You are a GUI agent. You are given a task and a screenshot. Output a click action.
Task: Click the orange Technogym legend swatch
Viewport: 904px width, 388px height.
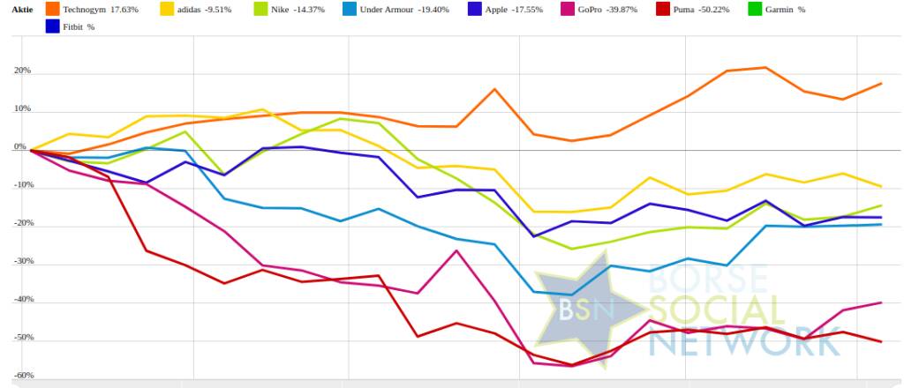coord(52,9)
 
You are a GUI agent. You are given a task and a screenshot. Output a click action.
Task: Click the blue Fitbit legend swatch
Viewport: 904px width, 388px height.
coord(52,26)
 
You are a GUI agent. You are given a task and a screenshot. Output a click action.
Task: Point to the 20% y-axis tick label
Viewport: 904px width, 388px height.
coord(22,71)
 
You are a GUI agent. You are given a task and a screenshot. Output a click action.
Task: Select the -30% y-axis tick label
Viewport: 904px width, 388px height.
coord(22,262)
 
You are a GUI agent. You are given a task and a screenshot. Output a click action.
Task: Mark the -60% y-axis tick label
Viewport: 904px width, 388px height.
coord(22,376)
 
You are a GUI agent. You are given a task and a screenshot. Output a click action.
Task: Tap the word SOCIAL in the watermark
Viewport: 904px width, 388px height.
coord(716,310)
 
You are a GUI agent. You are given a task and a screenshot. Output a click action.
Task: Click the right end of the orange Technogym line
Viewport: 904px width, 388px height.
coord(881,84)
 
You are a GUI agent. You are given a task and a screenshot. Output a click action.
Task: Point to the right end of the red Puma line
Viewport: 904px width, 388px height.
coord(881,341)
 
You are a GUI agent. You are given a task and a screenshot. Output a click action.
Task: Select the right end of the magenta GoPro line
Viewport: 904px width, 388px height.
coord(881,302)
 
